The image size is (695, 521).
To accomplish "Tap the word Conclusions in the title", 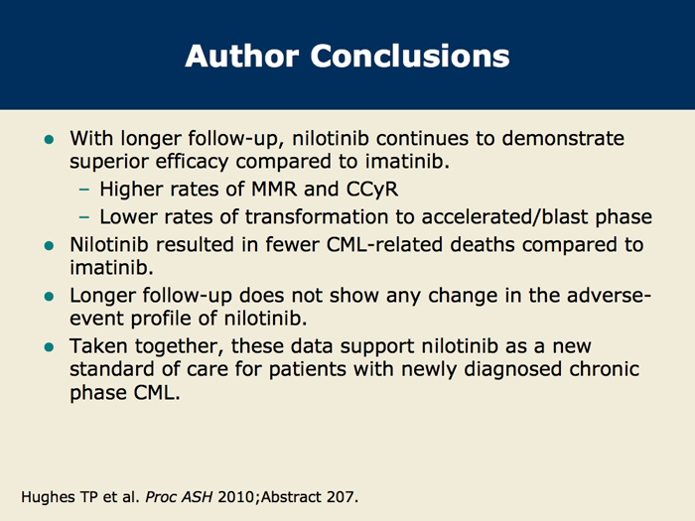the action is pos(410,56).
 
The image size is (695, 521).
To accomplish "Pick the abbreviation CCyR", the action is pos(372,191).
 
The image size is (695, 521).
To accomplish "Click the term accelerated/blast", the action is pos(504,217).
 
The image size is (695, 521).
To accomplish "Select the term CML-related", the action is pos(385,244).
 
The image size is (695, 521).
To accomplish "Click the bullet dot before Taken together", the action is pos(50,347).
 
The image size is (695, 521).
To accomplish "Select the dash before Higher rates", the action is pos(83,191).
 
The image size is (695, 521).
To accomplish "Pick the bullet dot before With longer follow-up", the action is pos(50,140).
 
